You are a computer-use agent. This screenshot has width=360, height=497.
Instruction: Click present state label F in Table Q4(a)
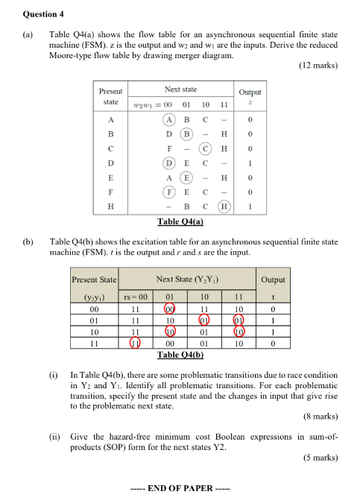click(110, 191)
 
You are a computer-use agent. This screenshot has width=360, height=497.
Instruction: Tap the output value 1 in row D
click(250, 162)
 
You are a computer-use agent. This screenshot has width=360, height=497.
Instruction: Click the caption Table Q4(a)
click(180, 221)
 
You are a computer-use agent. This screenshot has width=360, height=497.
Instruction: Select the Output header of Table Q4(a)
click(250, 92)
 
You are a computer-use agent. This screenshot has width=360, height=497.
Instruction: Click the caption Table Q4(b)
click(180, 355)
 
